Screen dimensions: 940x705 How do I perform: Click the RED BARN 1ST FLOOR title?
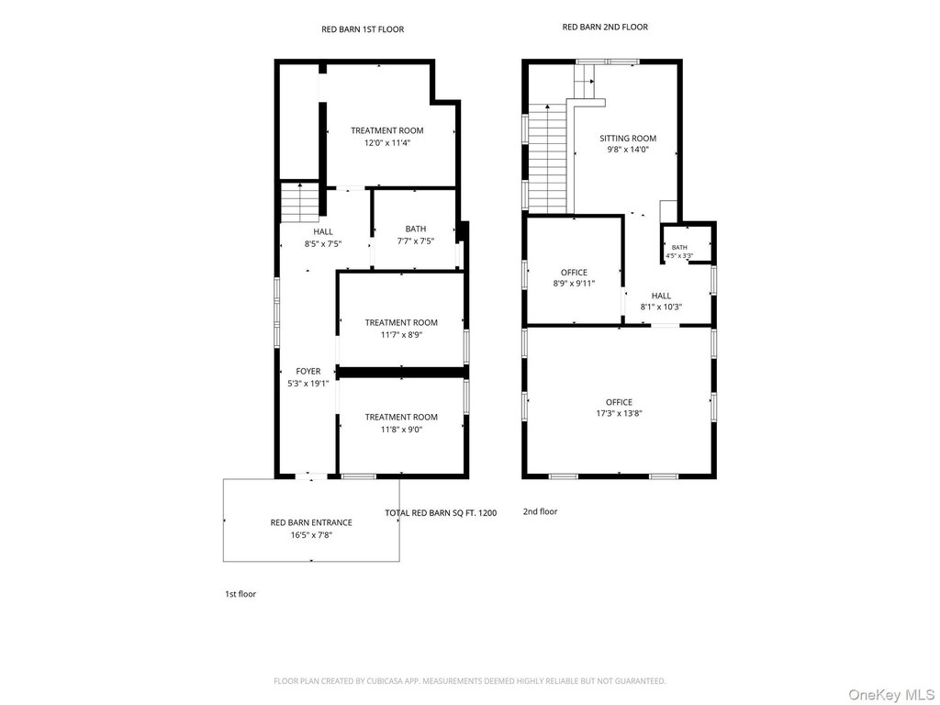tap(363, 29)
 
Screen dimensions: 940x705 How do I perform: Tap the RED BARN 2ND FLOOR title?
tap(605, 27)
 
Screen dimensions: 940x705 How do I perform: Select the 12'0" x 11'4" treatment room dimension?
tap(387, 143)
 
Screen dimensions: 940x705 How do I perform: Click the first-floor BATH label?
tap(416, 229)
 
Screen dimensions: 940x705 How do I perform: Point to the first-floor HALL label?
tap(323, 232)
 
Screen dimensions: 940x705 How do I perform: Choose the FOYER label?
tap(308, 372)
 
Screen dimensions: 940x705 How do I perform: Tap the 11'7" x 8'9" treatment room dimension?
tap(402, 335)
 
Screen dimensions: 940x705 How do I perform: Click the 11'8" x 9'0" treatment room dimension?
tap(402, 430)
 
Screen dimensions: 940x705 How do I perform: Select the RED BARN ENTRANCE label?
tap(311, 522)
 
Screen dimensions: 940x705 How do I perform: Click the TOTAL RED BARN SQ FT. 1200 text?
tap(441, 513)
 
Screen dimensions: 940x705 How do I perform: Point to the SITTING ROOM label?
tap(628, 139)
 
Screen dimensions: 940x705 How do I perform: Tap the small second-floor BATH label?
tap(679, 248)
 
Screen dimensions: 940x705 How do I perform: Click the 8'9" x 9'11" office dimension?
tap(574, 284)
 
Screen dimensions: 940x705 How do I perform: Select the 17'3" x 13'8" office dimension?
tap(620, 414)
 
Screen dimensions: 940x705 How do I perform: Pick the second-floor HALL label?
tap(661, 297)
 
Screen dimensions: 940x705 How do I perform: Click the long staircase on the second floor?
tap(548, 159)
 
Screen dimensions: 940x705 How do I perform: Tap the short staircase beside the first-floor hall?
tap(300, 202)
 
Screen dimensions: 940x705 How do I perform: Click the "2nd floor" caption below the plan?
tap(540, 512)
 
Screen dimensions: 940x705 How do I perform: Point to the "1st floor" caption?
tap(241, 594)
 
